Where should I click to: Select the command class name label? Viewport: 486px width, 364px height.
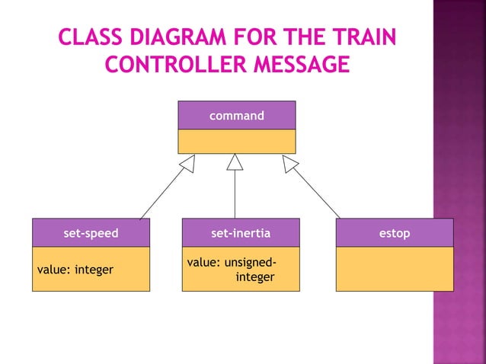pyautogui.click(x=237, y=116)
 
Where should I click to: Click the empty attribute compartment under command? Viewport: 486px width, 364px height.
pyautogui.click(x=237, y=141)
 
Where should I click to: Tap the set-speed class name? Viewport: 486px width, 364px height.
pyautogui.click(x=91, y=233)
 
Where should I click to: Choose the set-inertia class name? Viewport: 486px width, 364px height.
pyautogui.click(x=241, y=233)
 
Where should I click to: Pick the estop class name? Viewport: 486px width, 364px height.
pyautogui.click(x=395, y=233)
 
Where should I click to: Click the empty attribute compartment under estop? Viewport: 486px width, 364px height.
pyautogui.click(x=395, y=269)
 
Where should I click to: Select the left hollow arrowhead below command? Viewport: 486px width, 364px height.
pyautogui.click(x=187, y=163)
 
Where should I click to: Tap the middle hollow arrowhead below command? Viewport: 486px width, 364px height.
pyautogui.click(x=235, y=162)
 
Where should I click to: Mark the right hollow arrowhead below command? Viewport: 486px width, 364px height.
pyautogui.click(x=290, y=163)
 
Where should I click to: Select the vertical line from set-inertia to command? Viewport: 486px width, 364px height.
pyautogui.click(x=235, y=195)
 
